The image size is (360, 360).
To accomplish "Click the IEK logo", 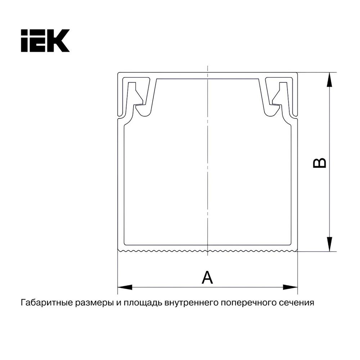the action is (45, 40).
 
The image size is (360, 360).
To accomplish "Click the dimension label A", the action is (207, 277).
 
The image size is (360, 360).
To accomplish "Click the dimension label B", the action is (319, 163).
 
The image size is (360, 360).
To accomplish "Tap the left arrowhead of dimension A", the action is (125, 287).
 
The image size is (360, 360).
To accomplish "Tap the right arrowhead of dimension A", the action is (290, 287).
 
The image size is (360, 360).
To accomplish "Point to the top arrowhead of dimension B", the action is (329, 80).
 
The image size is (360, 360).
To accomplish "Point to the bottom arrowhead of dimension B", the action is (329, 244).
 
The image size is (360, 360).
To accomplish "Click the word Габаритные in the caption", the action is (47, 303).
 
